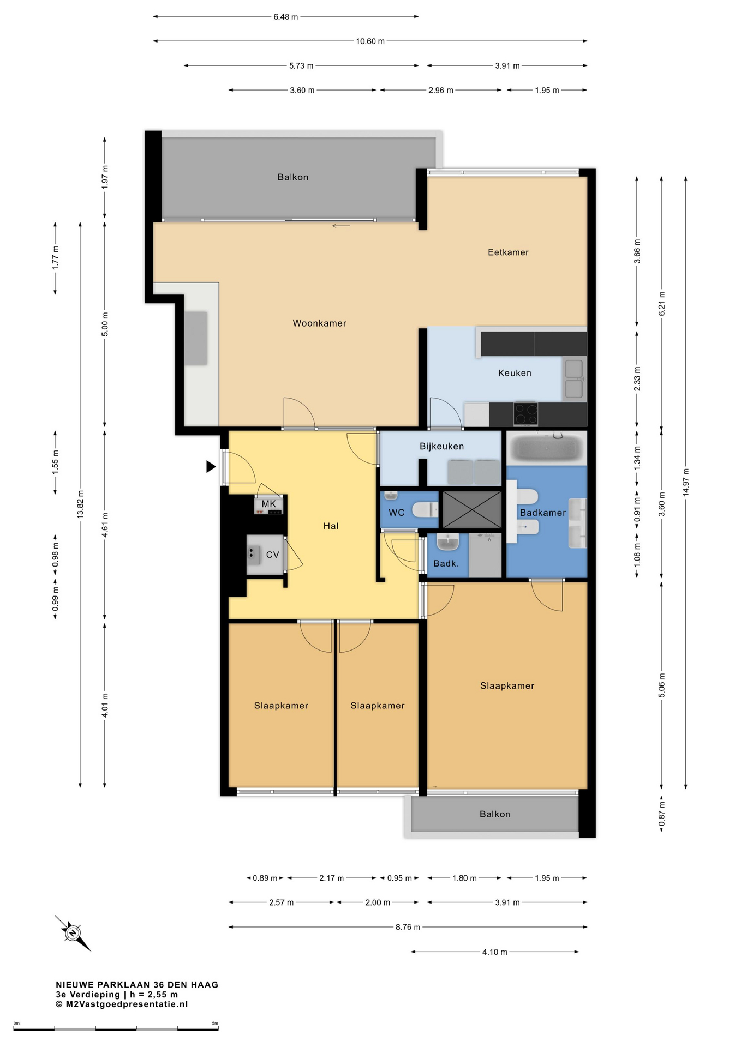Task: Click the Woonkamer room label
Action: pos(319,323)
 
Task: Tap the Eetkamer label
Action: pos(508,252)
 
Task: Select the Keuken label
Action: pos(515,373)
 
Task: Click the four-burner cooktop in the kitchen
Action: pos(525,413)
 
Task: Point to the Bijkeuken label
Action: pos(441,446)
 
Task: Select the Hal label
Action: pos(331,526)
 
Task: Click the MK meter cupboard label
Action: pos(268,504)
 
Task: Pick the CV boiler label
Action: pos(272,555)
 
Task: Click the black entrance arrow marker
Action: pos(211,466)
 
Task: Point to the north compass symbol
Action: pos(73,933)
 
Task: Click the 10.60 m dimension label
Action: pos(370,41)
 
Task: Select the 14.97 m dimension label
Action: pos(686,482)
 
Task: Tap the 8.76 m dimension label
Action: pos(408,927)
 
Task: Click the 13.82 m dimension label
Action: pos(80,504)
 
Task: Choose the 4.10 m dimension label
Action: pos(494,952)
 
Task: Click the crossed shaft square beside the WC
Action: pos(472,510)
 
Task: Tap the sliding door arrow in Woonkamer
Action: pos(341,226)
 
